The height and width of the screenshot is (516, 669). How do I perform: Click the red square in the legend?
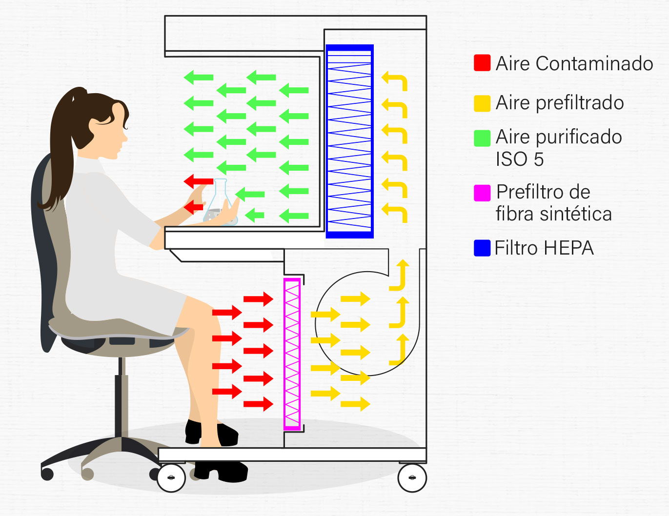(482, 63)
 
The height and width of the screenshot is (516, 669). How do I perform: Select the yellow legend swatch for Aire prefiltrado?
(482, 103)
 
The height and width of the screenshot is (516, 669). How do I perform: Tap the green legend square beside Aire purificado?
(482, 138)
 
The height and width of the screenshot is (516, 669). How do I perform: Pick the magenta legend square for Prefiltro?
(482, 193)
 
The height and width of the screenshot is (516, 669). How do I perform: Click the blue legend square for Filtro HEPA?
(482, 248)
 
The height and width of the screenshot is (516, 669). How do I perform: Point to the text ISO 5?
(519, 159)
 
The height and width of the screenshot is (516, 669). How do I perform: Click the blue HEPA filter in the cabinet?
(349, 141)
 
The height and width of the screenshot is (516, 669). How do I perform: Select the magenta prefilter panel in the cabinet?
(292, 354)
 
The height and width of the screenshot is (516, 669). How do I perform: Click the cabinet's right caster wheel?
(412, 478)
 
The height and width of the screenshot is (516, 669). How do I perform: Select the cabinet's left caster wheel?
(171, 478)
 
